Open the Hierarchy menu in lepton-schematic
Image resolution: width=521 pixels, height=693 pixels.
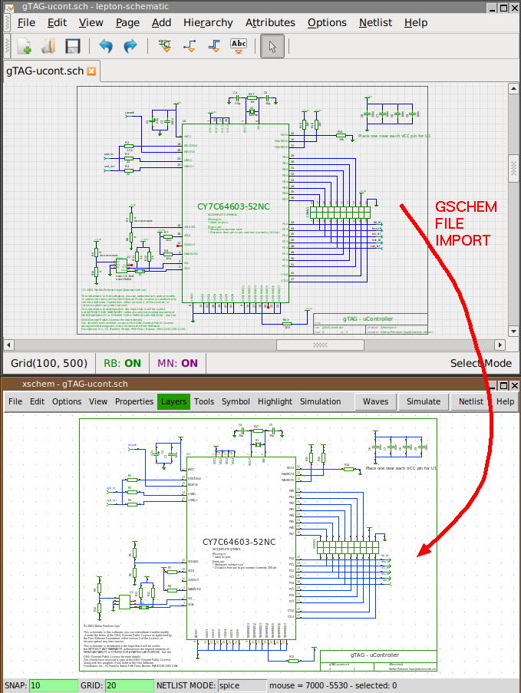coord(208,22)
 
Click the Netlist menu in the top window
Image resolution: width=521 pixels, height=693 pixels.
coord(375,22)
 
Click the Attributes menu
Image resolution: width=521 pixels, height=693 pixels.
coord(270,22)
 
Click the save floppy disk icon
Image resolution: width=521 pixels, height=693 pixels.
coord(73,46)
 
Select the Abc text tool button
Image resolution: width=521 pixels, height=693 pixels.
coord(239,46)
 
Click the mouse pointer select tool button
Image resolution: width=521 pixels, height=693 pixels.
coord(272,46)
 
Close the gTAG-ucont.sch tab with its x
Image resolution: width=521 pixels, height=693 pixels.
coord(91,71)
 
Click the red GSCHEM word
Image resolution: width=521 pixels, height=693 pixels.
coord(466,207)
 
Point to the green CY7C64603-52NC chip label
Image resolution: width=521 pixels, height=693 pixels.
coord(233,206)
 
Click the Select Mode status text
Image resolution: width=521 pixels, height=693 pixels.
coord(480,363)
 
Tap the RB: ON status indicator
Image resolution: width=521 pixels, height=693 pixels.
coord(122,363)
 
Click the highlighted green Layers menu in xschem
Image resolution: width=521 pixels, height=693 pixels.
coord(173,401)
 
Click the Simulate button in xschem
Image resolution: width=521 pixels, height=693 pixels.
coord(423,401)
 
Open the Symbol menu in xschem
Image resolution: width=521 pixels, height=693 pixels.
coord(236,401)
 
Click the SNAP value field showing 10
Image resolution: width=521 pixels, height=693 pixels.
coord(54,685)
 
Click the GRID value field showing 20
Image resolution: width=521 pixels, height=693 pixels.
coord(129,685)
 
